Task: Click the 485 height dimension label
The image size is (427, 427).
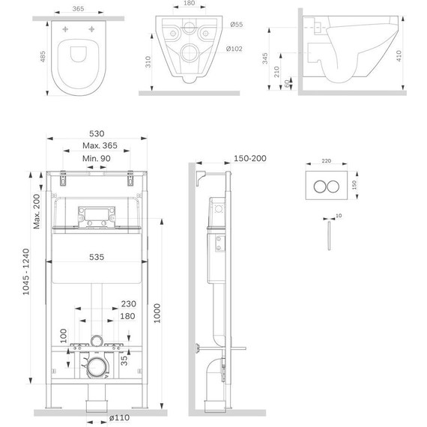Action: (43, 57)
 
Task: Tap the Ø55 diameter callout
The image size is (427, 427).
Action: (237, 25)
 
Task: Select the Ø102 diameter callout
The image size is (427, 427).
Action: (234, 49)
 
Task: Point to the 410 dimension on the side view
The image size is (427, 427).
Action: (399, 55)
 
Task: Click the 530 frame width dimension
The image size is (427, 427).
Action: (97, 133)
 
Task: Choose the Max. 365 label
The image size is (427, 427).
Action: (100, 145)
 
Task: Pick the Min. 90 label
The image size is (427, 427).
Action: (97, 159)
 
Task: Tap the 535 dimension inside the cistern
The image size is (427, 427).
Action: (97, 257)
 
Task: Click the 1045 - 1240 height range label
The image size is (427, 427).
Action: (26, 271)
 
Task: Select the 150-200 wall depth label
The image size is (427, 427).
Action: (250, 158)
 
